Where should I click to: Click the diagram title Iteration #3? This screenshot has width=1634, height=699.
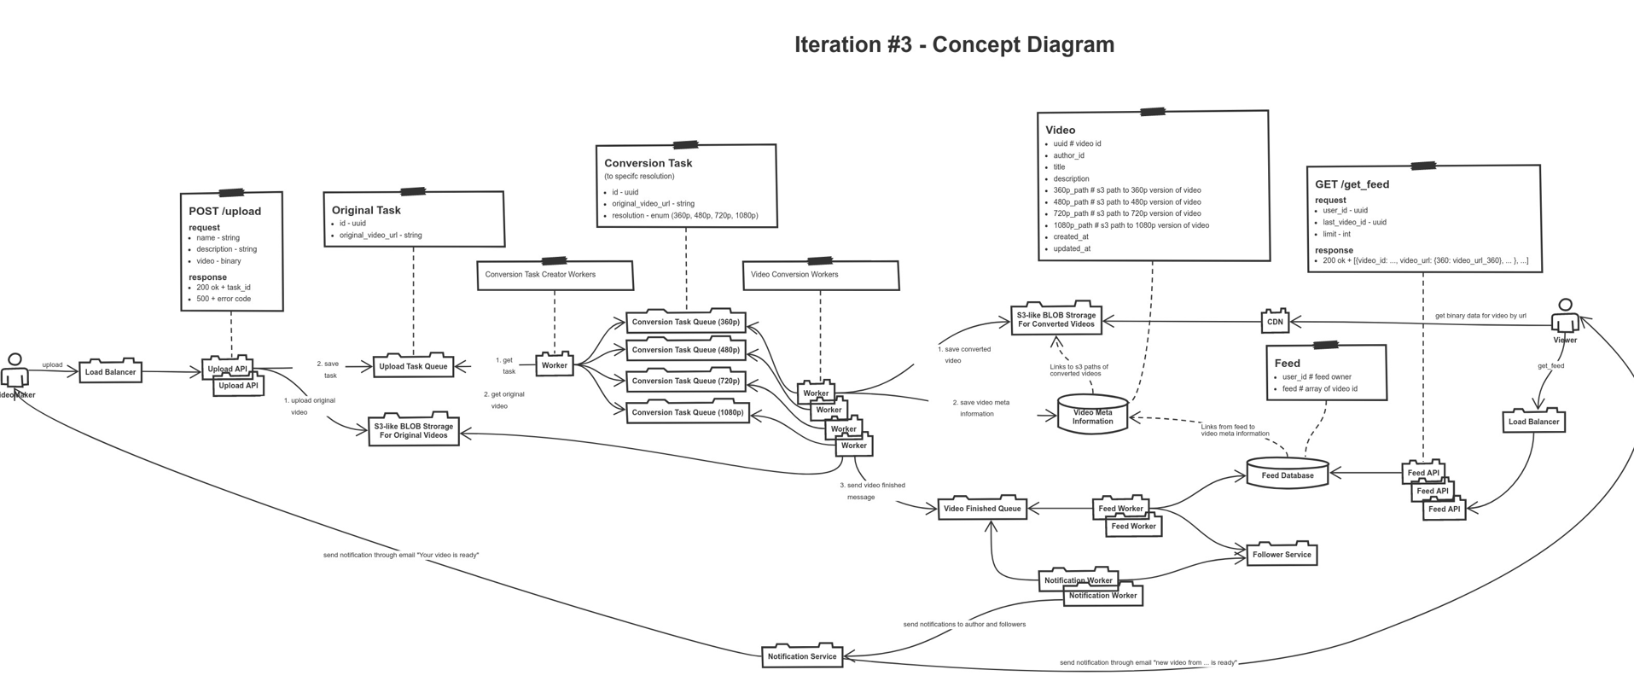coord(954,44)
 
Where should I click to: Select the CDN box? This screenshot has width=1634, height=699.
coord(1275,322)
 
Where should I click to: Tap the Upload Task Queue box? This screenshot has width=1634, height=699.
coord(413,366)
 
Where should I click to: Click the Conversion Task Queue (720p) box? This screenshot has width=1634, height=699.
coord(686,381)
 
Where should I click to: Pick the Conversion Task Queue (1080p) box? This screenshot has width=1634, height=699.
coord(688,412)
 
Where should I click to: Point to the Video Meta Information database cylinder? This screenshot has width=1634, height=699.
coord(1092,416)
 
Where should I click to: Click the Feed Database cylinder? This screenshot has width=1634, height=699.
coord(1287,474)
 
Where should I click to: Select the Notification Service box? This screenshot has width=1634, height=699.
coord(801,656)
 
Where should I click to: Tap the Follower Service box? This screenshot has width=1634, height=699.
coord(1282,555)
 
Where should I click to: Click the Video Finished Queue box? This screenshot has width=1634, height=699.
coord(982,509)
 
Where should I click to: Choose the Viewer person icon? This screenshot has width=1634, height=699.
coord(1565,317)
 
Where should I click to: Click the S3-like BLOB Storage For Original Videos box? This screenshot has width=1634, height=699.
coord(414,430)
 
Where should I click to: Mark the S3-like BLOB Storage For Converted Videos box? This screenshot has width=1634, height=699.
coord(1055,319)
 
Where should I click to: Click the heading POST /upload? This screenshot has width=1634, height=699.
coord(224,211)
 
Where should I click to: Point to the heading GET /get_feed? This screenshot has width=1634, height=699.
coord(1352,184)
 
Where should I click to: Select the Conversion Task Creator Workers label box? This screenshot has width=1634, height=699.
coord(555,275)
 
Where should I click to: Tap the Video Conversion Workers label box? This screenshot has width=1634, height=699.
coord(820,275)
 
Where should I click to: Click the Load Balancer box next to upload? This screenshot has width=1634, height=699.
coord(110,372)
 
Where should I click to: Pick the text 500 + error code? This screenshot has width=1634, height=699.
coord(224,299)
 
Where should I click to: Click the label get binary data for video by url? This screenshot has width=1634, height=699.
coord(1480,316)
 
